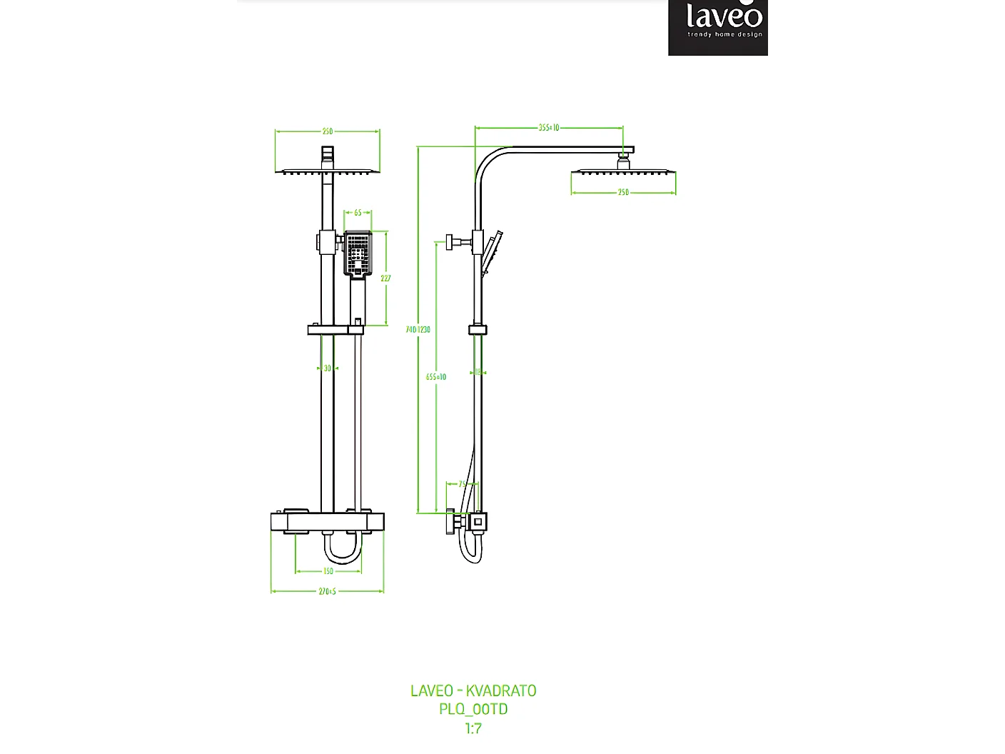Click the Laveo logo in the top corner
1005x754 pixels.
coord(719,27)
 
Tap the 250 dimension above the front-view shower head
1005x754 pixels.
coord(327,131)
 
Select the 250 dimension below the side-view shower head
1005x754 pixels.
coord(623,193)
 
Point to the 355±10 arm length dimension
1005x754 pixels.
coord(549,128)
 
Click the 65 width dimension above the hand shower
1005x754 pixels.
coord(358,213)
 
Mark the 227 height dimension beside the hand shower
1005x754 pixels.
coord(385,278)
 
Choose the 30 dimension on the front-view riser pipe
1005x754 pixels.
coord(327,368)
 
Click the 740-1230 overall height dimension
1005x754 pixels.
coord(418,330)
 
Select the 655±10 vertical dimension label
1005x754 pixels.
coord(436,377)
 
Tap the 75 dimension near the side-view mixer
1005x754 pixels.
coord(462,484)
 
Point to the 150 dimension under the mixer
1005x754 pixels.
coord(328,571)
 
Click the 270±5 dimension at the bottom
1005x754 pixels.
coord(327,591)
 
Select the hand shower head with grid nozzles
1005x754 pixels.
coord(358,253)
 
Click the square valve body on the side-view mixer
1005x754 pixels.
coord(478,522)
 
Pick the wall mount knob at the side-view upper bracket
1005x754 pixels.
coord(451,241)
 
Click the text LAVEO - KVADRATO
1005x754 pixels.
coord(473,690)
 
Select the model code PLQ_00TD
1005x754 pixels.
coord(473,709)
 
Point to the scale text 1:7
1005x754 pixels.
coord(473,728)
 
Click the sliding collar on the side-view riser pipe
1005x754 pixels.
coord(478,330)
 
